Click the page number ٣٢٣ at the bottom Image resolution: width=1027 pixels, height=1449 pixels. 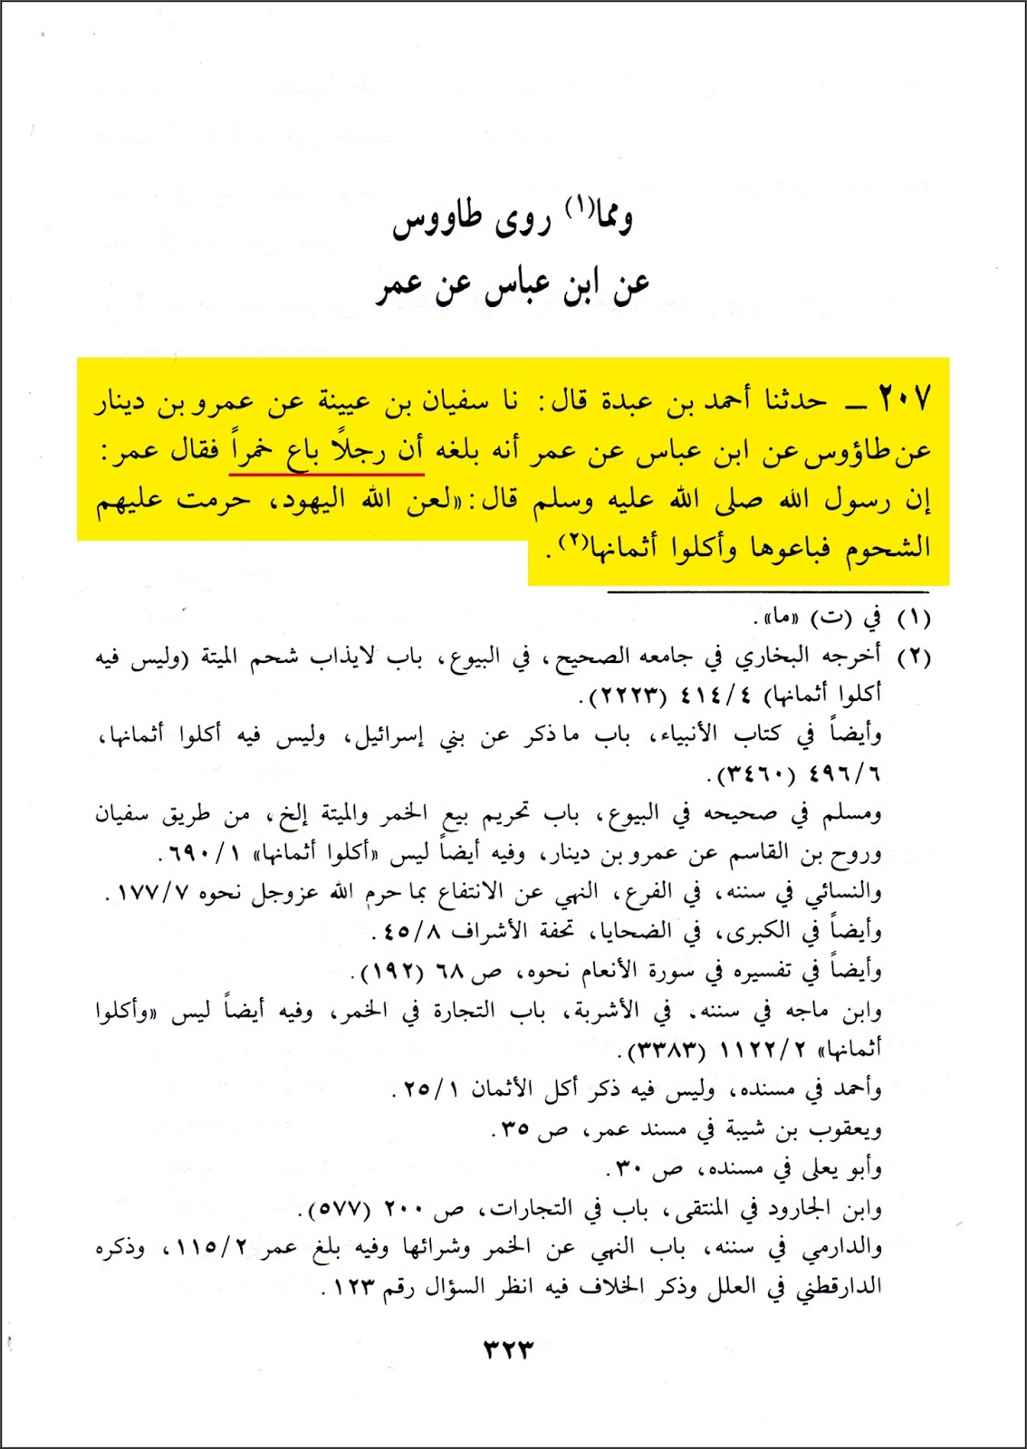pos(508,1349)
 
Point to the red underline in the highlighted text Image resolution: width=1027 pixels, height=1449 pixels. pos(328,473)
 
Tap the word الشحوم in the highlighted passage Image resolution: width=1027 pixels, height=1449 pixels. pos(888,547)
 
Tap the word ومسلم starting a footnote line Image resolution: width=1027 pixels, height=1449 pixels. pos(851,815)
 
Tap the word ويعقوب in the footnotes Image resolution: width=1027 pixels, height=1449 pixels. pos(848,1130)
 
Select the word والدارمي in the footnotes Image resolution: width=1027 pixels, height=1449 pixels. pos(843,1249)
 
